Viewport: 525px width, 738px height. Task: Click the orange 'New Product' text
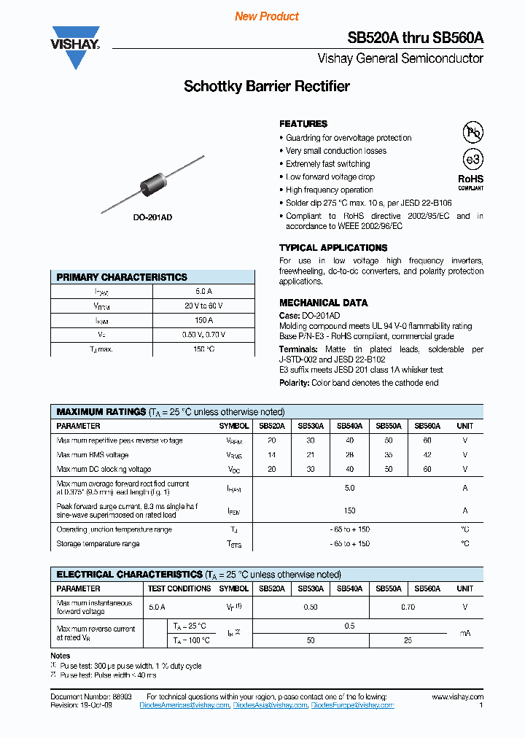(267, 16)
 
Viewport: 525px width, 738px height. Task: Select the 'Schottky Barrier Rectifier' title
(267, 86)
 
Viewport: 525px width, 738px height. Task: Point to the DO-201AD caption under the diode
(153, 217)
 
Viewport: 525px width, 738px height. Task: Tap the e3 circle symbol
(473, 160)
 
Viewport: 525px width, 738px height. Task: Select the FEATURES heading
(303, 124)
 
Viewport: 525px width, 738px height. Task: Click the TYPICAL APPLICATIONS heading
(333, 248)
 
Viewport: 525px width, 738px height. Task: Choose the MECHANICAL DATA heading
(324, 303)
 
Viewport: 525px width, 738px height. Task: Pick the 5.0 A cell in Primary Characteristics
(203, 292)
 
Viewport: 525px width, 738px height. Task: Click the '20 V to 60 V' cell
(203, 306)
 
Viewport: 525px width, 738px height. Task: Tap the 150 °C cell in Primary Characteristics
(203, 349)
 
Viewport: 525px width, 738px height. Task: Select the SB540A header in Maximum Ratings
(349, 426)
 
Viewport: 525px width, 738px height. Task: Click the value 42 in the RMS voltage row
(427, 454)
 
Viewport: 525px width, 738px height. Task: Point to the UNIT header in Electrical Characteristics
(464, 589)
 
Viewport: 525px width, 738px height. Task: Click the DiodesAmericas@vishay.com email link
(190, 705)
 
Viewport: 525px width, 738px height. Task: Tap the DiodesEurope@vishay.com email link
(352, 705)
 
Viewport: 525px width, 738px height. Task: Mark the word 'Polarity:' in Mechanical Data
(295, 383)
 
